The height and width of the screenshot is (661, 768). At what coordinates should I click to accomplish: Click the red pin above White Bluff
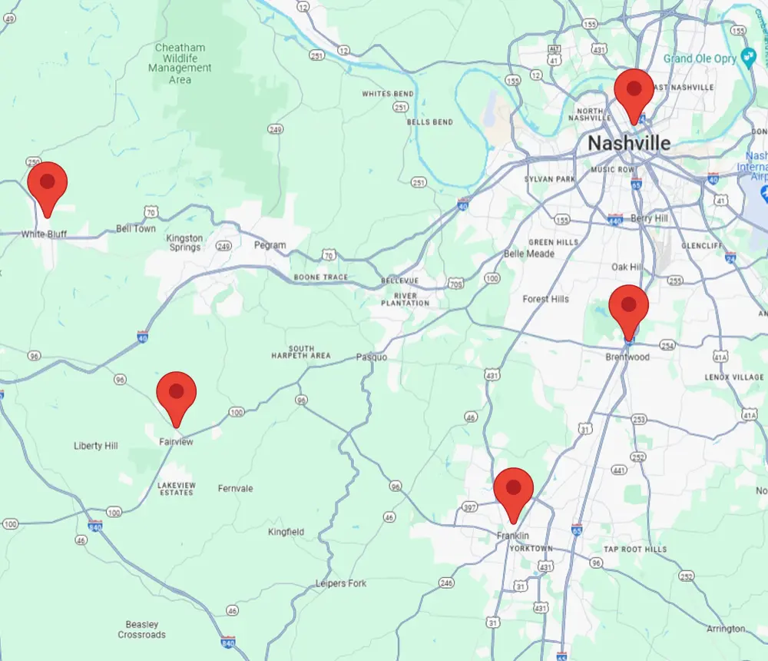[x=48, y=183]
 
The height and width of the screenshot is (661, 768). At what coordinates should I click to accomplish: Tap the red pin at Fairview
[x=177, y=392]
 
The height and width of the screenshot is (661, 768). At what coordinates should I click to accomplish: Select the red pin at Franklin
[x=513, y=488]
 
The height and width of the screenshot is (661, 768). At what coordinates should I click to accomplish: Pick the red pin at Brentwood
[x=629, y=305]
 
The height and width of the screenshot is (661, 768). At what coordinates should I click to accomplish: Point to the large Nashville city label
[x=628, y=143]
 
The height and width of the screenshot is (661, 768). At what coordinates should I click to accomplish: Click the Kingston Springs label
[x=184, y=243]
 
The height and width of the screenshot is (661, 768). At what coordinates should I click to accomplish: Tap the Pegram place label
[x=270, y=245]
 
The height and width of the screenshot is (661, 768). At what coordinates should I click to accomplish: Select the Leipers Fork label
[x=341, y=583]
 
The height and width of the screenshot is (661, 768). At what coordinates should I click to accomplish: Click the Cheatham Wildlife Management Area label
[x=180, y=63]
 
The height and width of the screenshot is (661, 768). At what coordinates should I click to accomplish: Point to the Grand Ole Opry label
[x=700, y=58]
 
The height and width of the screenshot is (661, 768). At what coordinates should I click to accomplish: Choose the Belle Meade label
[x=528, y=254]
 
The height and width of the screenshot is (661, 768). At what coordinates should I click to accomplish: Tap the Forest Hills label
[x=545, y=298]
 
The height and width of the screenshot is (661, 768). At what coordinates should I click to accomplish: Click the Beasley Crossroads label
[x=141, y=629]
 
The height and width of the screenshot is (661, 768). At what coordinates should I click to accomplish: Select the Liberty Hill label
[x=96, y=446]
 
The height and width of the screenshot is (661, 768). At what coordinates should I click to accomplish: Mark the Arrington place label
[x=726, y=629]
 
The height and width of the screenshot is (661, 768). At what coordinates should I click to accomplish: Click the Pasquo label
[x=371, y=357]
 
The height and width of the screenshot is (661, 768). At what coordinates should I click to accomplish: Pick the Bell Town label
[x=135, y=228]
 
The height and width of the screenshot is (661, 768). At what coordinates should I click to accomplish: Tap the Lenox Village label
[x=734, y=377]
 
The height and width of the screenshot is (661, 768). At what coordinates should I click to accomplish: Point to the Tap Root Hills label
[x=635, y=549]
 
